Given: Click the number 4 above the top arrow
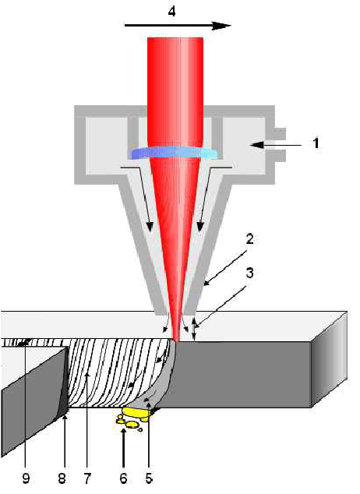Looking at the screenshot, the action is (x=171, y=12).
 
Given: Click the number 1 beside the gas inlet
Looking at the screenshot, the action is (x=316, y=143).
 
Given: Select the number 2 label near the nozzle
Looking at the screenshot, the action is (x=249, y=239).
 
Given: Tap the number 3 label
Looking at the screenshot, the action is (x=249, y=273).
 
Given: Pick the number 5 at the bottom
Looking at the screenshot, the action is (x=149, y=478).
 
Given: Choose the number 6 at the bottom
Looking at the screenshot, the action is (x=123, y=478).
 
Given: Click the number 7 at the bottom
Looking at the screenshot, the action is (x=87, y=478).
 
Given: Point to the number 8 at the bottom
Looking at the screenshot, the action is (x=62, y=478).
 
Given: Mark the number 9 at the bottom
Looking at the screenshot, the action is (x=26, y=478).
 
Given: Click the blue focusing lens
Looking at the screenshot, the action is (x=174, y=153).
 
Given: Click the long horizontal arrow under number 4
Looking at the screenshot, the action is (x=178, y=26).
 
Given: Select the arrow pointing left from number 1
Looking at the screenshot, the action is (x=277, y=145).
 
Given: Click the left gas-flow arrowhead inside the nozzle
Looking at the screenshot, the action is (x=150, y=226).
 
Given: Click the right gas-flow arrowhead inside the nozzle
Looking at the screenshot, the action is (x=200, y=226).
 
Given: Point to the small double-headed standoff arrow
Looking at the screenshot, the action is (x=195, y=329).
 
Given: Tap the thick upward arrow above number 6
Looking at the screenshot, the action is (x=123, y=446).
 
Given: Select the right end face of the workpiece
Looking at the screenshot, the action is (x=329, y=359).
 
